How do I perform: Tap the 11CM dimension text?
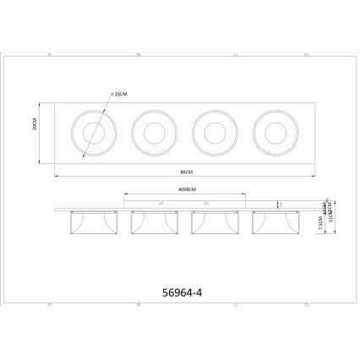click(331, 221)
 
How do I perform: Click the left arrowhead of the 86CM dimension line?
click(57, 176)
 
